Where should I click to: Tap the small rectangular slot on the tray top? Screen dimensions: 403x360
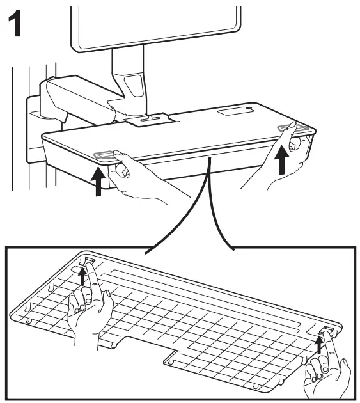[x=234, y=113]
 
